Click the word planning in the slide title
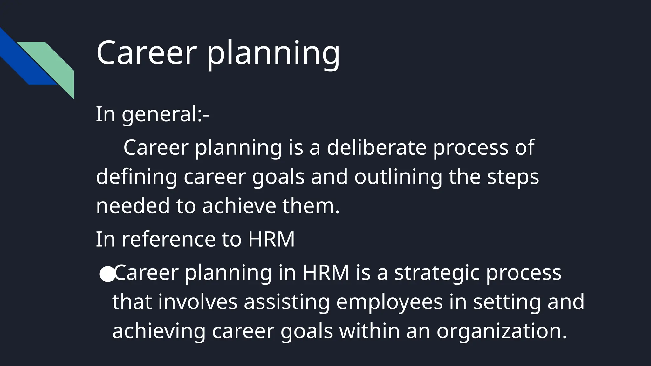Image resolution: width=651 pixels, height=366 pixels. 273,54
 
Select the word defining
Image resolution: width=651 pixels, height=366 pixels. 136,177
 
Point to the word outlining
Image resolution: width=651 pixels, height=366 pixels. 398,177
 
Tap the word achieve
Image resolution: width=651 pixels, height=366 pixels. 239,206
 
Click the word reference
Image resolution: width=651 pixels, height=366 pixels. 168,239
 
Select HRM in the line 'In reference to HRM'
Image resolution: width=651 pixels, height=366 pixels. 271,239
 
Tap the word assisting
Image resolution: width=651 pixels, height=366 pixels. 287,302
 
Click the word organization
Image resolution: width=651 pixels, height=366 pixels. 501,331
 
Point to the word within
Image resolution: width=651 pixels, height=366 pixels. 369,331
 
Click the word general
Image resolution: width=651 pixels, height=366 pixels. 160,115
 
